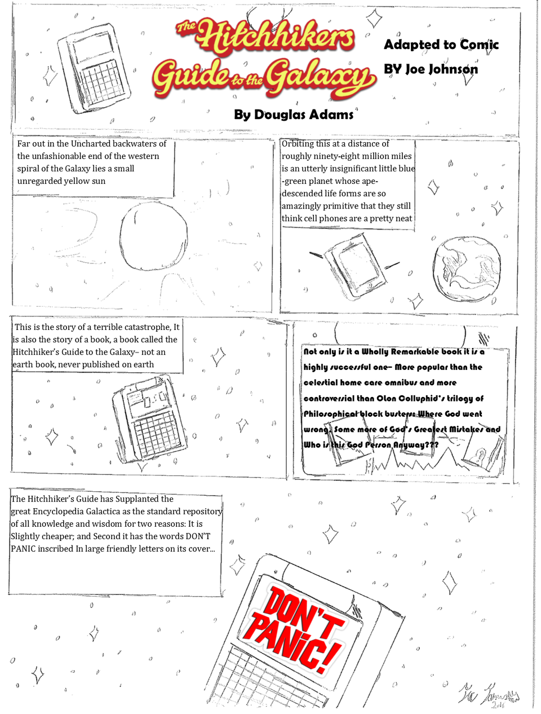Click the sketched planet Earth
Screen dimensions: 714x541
468,267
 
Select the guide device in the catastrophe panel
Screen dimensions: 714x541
149,420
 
